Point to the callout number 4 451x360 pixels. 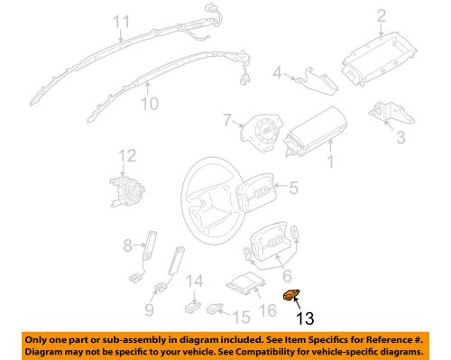(279, 73)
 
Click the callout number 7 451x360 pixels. (229, 119)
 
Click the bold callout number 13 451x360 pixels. (306, 317)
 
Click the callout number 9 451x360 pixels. (149, 312)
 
